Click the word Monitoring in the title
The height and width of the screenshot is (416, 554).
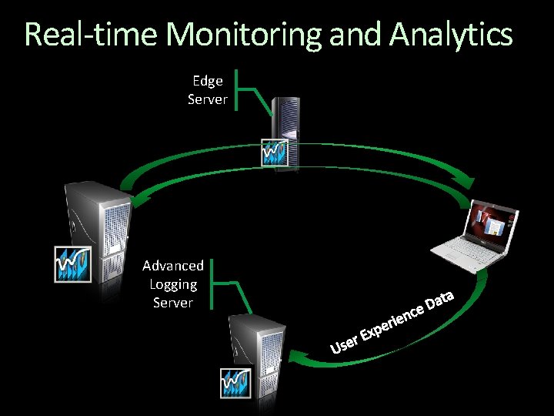click(x=245, y=35)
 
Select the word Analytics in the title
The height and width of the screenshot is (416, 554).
click(x=451, y=35)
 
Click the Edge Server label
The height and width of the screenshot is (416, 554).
click(x=207, y=90)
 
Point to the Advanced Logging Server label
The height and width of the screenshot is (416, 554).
click(x=173, y=284)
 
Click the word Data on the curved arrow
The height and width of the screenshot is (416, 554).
click(x=442, y=300)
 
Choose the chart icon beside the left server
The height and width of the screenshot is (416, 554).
click(x=73, y=263)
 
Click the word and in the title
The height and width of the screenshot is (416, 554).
click(x=357, y=35)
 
